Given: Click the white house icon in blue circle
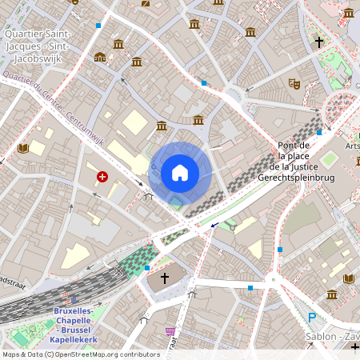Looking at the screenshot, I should pos(180,172).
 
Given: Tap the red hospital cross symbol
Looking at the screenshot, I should pos(102,176).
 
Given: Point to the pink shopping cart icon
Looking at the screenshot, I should pos(170,330).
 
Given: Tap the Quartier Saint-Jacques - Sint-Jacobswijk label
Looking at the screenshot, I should pos(38,45).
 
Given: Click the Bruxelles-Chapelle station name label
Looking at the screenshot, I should pos(74,325).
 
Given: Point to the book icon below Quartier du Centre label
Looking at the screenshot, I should pos(22,148).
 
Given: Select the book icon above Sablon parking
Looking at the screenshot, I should pos(348,278).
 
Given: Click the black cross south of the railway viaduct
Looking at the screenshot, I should pos(165,278).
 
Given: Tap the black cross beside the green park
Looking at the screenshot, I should pos(318,41).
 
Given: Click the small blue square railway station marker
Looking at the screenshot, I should pos(74,301).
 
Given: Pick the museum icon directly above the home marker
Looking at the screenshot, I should pos(198,120).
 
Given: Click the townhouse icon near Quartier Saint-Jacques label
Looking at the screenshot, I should pos(99,57).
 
